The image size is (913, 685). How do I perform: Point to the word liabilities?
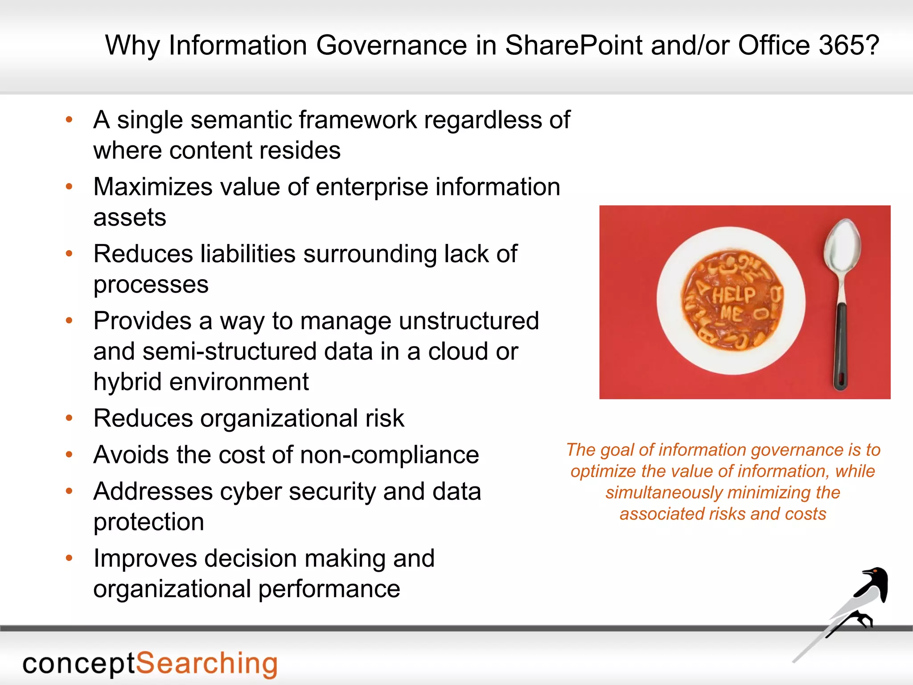point(248,254)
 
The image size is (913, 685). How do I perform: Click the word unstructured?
point(469,321)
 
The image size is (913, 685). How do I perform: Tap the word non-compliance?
point(390,455)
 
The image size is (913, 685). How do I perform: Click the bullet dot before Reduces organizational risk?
point(69,418)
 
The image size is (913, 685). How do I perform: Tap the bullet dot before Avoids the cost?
point(69,455)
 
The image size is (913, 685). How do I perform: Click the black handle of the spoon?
point(840,343)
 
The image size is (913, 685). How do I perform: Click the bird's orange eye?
point(875,570)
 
